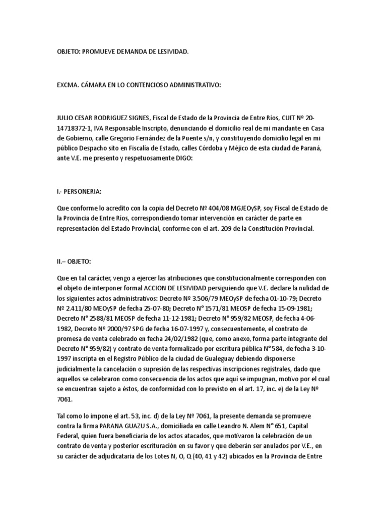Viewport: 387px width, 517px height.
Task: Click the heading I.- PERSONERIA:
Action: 80,192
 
